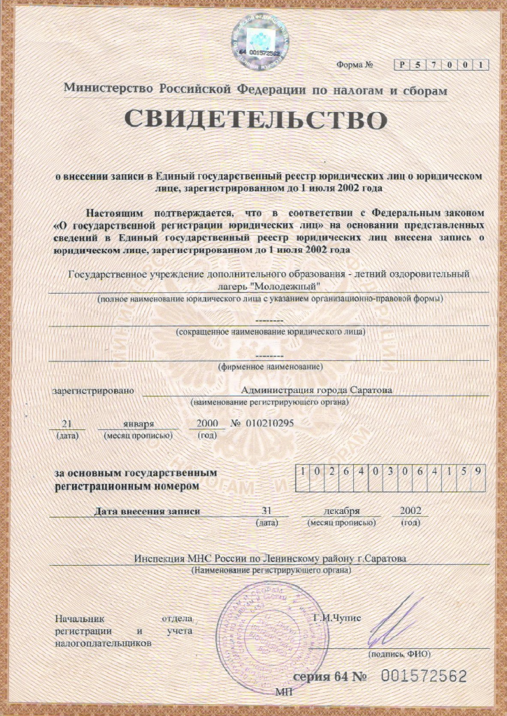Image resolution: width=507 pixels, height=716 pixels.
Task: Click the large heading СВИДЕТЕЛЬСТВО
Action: click(255, 120)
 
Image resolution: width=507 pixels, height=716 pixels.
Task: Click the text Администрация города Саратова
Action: click(316, 390)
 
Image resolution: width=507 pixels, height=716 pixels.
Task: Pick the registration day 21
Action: click(67, 424)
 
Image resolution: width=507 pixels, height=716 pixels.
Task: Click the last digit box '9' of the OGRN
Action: click(478, 471)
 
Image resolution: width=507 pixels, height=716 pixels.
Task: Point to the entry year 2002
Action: click(410, 510)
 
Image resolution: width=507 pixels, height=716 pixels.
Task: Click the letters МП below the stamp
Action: click(284, 692)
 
